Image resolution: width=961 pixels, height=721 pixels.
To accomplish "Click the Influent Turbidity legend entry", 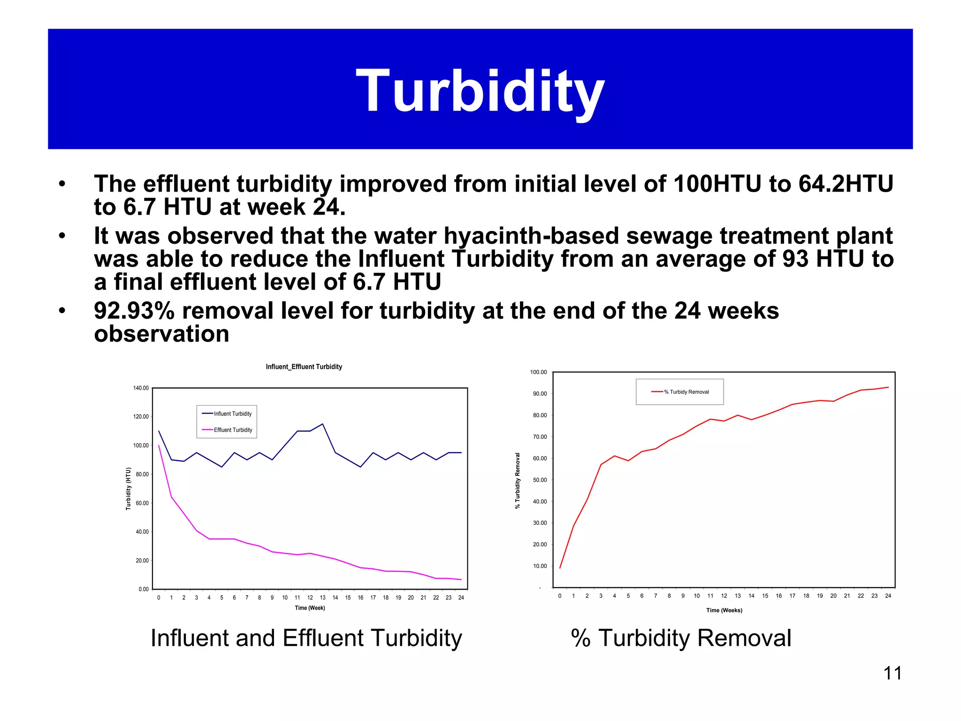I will pyautogui.click(x=232, y=414).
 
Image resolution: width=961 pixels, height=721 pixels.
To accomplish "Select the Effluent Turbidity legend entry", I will pyautogui.click(x=233, y=430).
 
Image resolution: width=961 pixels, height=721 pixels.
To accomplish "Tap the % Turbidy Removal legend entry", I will pyautogui.click(x=686, y=392).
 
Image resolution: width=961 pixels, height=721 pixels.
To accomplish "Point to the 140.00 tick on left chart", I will pyautogui.click(x=141, y=388).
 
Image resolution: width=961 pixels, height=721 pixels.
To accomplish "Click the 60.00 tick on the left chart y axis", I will pyautogui.click(x=142, y=503).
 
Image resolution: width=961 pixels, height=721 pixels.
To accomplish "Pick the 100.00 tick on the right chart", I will pyautogui.click(x=538, y=372).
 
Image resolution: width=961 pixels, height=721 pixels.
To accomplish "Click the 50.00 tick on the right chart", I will pyautogui.click(x=540, y=480).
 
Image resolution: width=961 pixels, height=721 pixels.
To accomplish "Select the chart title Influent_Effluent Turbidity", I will pyautogui.click(x=304, y=367).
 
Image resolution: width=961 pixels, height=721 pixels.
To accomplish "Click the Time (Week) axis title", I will pyautogui.click(x=310, y=608).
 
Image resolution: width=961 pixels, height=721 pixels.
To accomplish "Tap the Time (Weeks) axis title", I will pyautogui.click(x=724, y=610).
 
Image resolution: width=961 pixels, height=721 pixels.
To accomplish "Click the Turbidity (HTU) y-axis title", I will pyautogui.click(x=128, y=489).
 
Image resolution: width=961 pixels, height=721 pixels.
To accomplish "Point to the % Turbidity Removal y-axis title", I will pyautogui.click(x=518, y=481).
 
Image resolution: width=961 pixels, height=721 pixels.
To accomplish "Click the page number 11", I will pyautogui.click(x=892, y=673).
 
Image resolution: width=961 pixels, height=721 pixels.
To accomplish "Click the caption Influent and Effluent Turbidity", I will pyautogui.click(x=306, y=638).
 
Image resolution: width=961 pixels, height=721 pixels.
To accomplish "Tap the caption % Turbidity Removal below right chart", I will pyautogui.click(x=681, y=638).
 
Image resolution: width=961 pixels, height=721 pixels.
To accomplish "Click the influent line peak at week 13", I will pyautogui.click(x=322, y=424).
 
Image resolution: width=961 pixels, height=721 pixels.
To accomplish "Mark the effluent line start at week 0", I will pyautogui.click(x=159, y=446).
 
